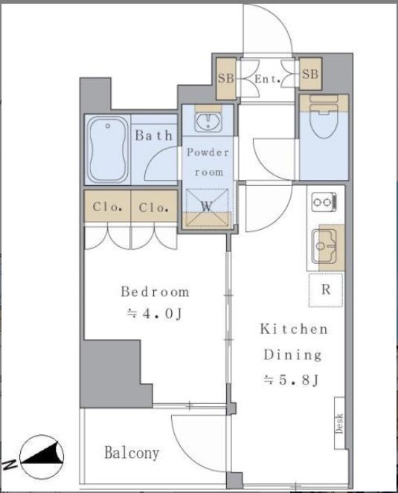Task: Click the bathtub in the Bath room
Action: coord(107,149)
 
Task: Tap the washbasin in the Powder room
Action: coord(208,122)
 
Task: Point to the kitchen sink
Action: coord(324,247)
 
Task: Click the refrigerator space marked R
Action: coord(326,290)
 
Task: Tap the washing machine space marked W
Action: coord(207,207)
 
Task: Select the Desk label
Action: coord(339,424)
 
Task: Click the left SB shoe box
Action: coord(226,79)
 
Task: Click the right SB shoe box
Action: coord(310,74)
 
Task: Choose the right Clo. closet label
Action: coord(153,207)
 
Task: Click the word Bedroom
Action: coord(155,291)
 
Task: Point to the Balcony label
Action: coord(132,453)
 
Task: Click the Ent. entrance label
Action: coord(267,79)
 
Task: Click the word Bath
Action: coord(154,135)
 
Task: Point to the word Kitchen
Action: coord(294,329)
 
